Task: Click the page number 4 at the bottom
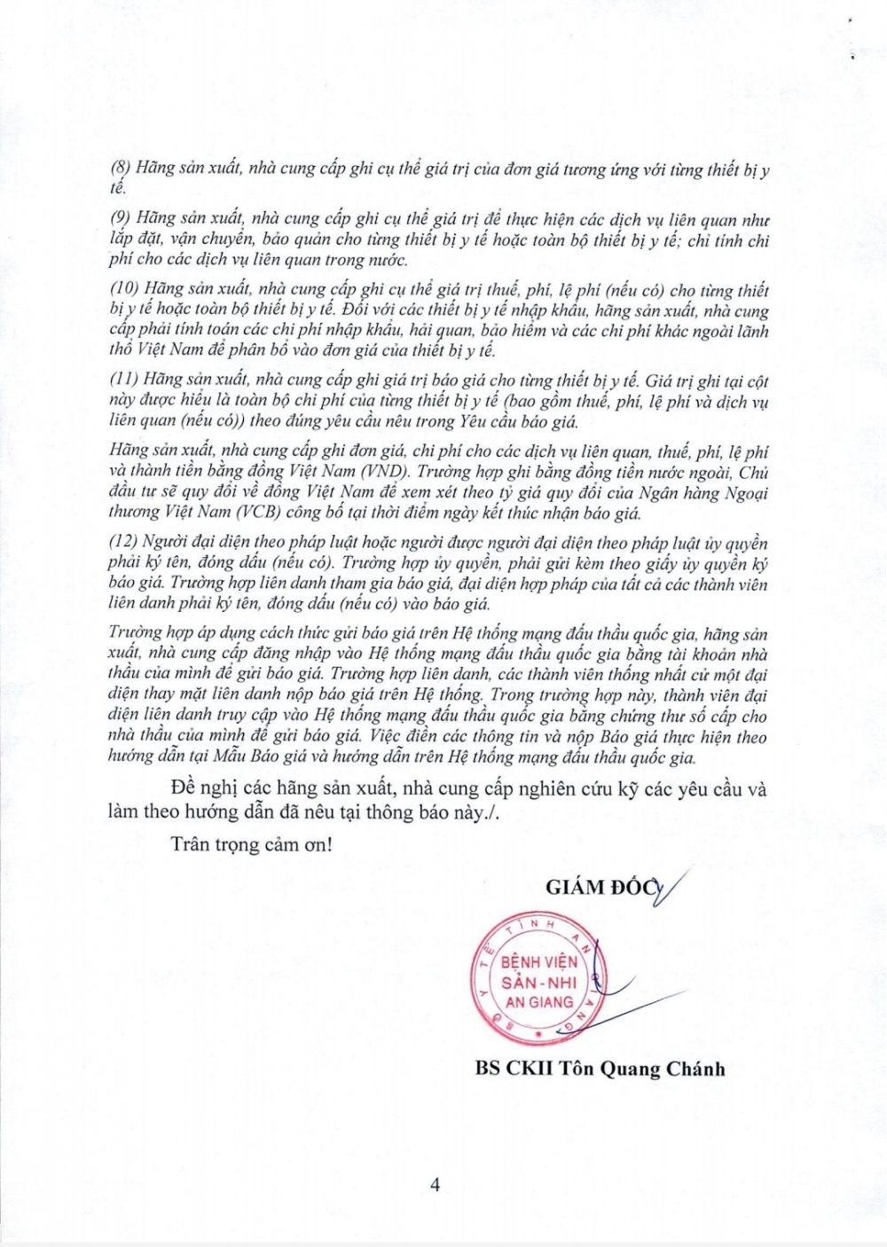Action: coord(435,1184)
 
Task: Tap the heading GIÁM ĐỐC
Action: coord(600,887)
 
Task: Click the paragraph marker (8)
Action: coord(121,169)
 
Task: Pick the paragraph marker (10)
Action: coord(124,290)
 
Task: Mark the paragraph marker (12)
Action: coord(124,542)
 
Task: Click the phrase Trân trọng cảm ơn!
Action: coord(252,843)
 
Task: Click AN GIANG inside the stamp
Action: coord(539,1002)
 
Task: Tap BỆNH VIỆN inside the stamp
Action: coord(539,961)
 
